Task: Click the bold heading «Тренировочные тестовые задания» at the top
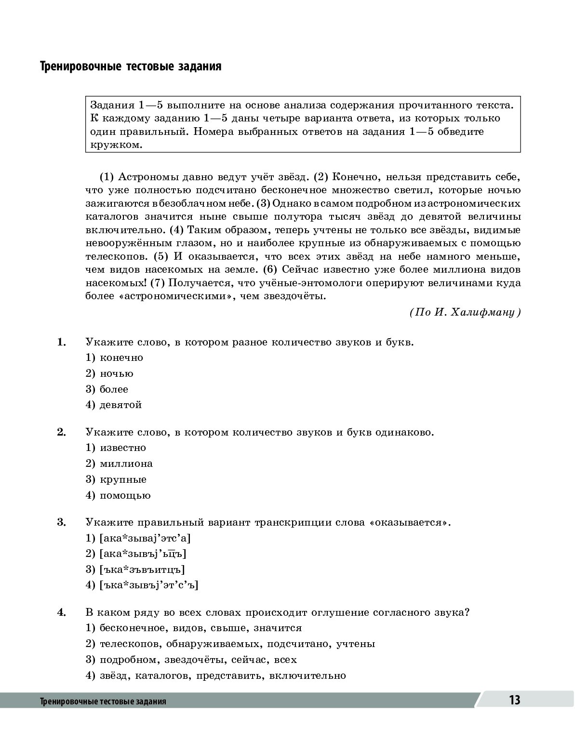(130, 66)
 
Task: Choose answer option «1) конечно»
(115, 357)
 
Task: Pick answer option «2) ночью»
(110, 373)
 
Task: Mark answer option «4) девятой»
(114, 405)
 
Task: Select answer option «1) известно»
(116, 448)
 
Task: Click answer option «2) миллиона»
(119, 463)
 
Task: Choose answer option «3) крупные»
(116, 479)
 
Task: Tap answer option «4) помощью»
(118, 495)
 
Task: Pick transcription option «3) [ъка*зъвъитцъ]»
(135, 569)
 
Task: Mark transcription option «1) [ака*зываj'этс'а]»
(138, 538)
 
